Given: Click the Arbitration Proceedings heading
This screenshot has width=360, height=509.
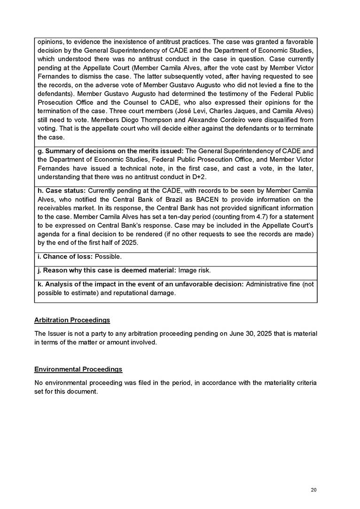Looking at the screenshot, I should coord(72,320).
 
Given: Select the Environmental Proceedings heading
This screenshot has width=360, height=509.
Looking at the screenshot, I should coord(78,369).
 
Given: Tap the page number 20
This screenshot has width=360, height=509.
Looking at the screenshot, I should coord(314,490).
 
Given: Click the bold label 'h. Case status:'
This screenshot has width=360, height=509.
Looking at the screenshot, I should coord(61,191).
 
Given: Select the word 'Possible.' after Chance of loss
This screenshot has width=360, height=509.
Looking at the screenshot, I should coord(108,257).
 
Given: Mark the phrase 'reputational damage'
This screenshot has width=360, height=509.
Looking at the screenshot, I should coord(150,293).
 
